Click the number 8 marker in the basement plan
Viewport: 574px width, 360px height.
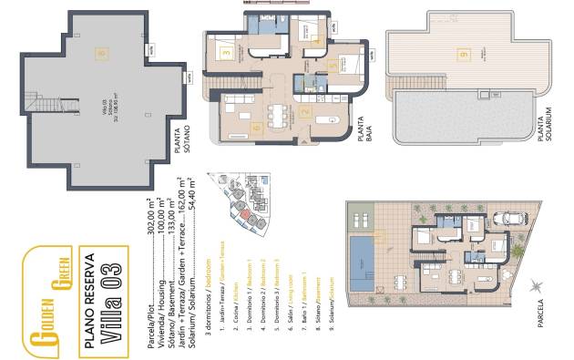click(102, 54)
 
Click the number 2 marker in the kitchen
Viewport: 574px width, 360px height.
click(305, 114)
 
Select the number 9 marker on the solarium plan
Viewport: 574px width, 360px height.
click(465, 56)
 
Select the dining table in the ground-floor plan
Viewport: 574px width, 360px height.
click(276, 113)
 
